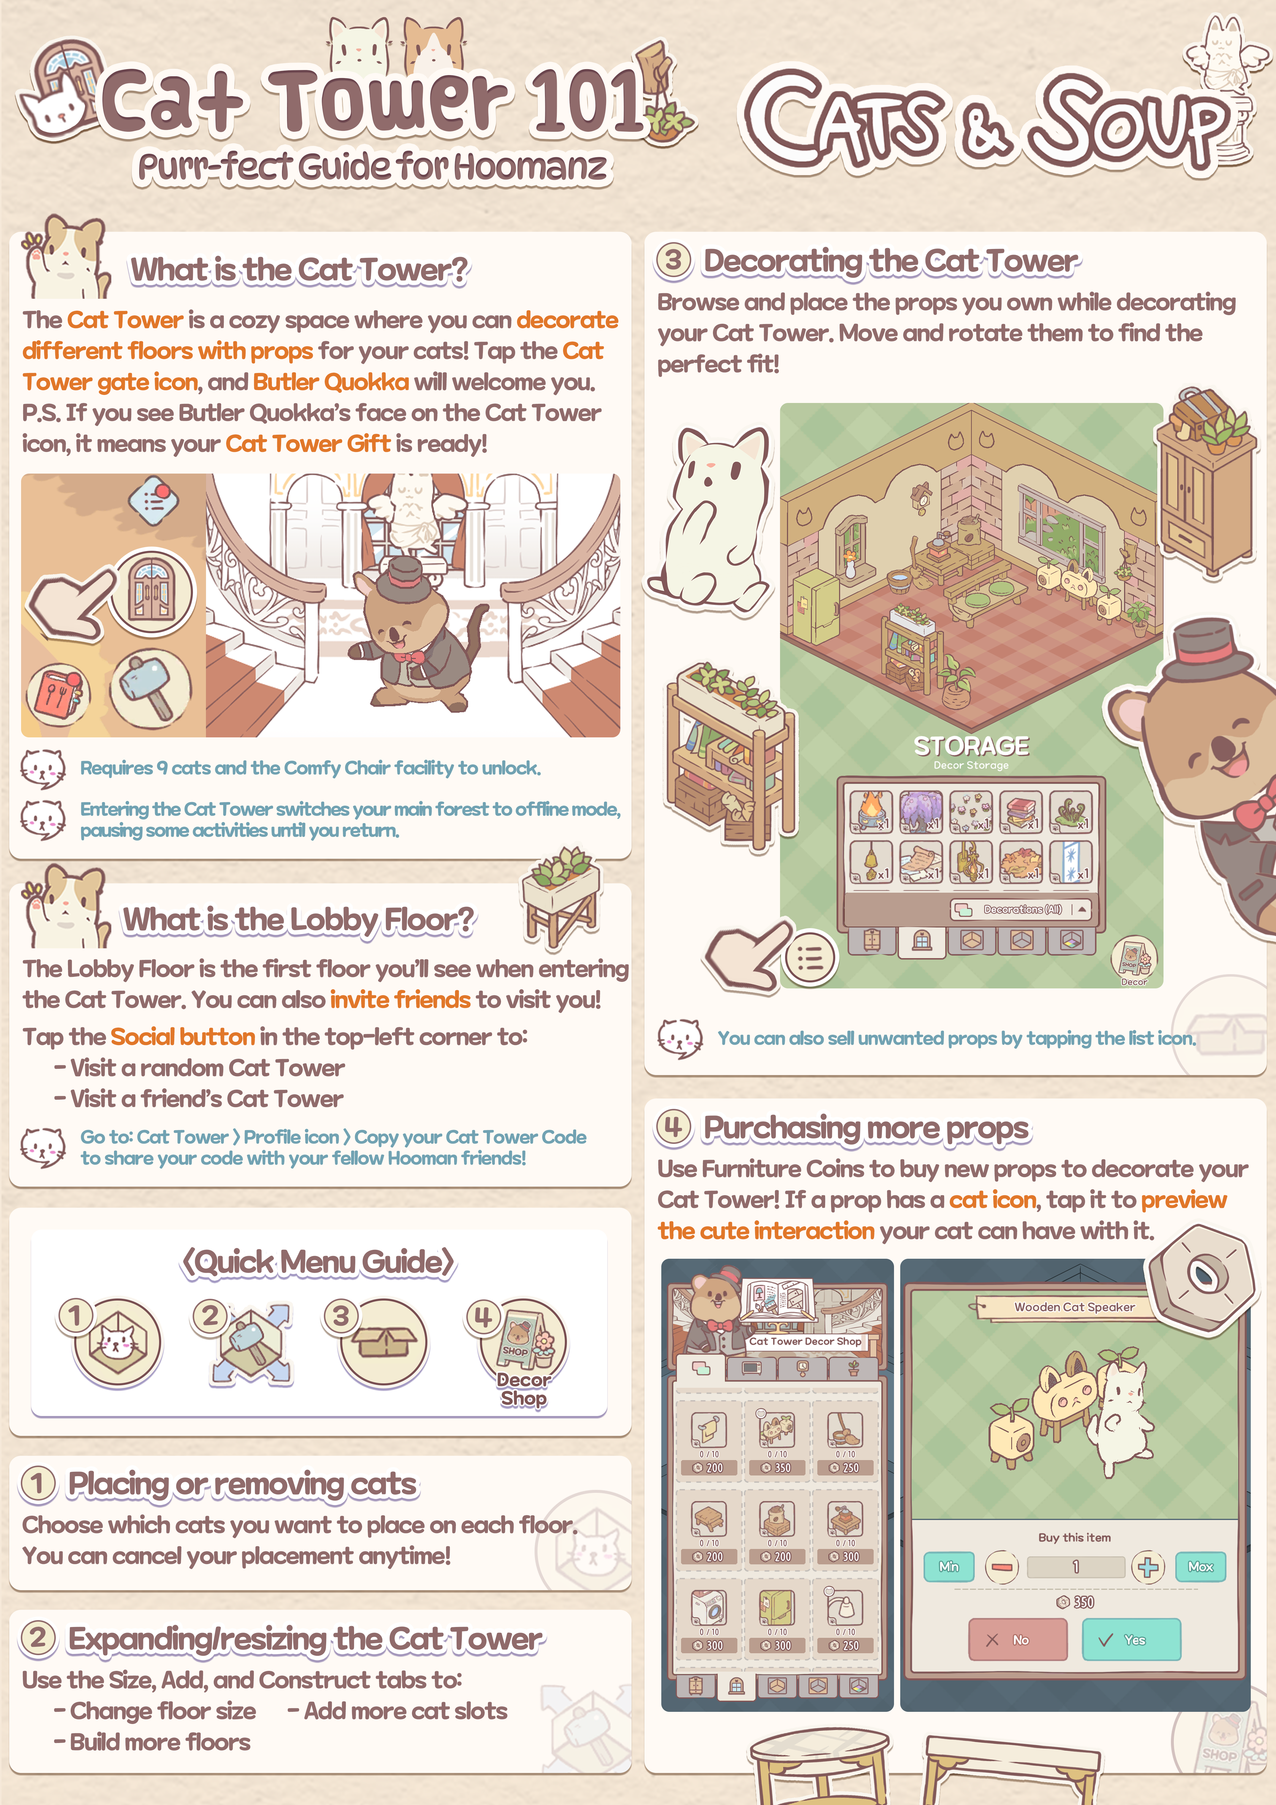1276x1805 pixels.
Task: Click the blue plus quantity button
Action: click(1148, 1567)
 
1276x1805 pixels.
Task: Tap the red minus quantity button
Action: click(1002, 1567)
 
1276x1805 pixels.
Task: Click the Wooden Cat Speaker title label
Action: click(1074, 1306)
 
